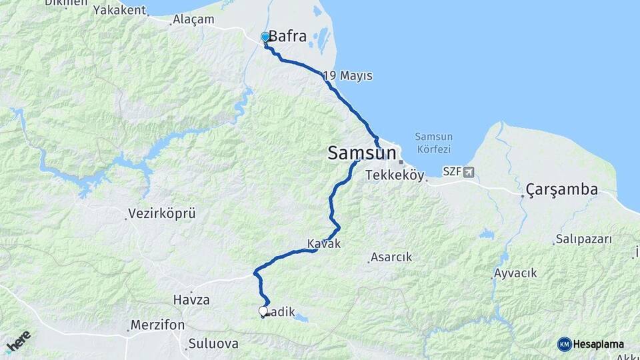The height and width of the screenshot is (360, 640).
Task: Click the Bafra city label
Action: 287,37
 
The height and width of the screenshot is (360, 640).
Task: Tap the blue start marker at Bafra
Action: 265,37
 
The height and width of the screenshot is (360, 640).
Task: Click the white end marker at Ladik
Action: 263,311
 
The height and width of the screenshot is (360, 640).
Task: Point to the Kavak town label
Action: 324,244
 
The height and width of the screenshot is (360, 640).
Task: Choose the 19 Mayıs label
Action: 347,76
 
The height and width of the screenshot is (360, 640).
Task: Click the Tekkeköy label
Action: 395,175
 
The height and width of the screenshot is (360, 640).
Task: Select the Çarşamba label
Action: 562,189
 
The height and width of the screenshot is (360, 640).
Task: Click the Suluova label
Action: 213,345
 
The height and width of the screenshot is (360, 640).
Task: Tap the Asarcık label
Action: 391,257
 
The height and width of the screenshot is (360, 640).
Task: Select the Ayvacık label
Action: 515,273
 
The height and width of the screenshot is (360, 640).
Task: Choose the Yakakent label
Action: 119,10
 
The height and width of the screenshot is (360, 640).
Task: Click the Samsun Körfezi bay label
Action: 433,143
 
